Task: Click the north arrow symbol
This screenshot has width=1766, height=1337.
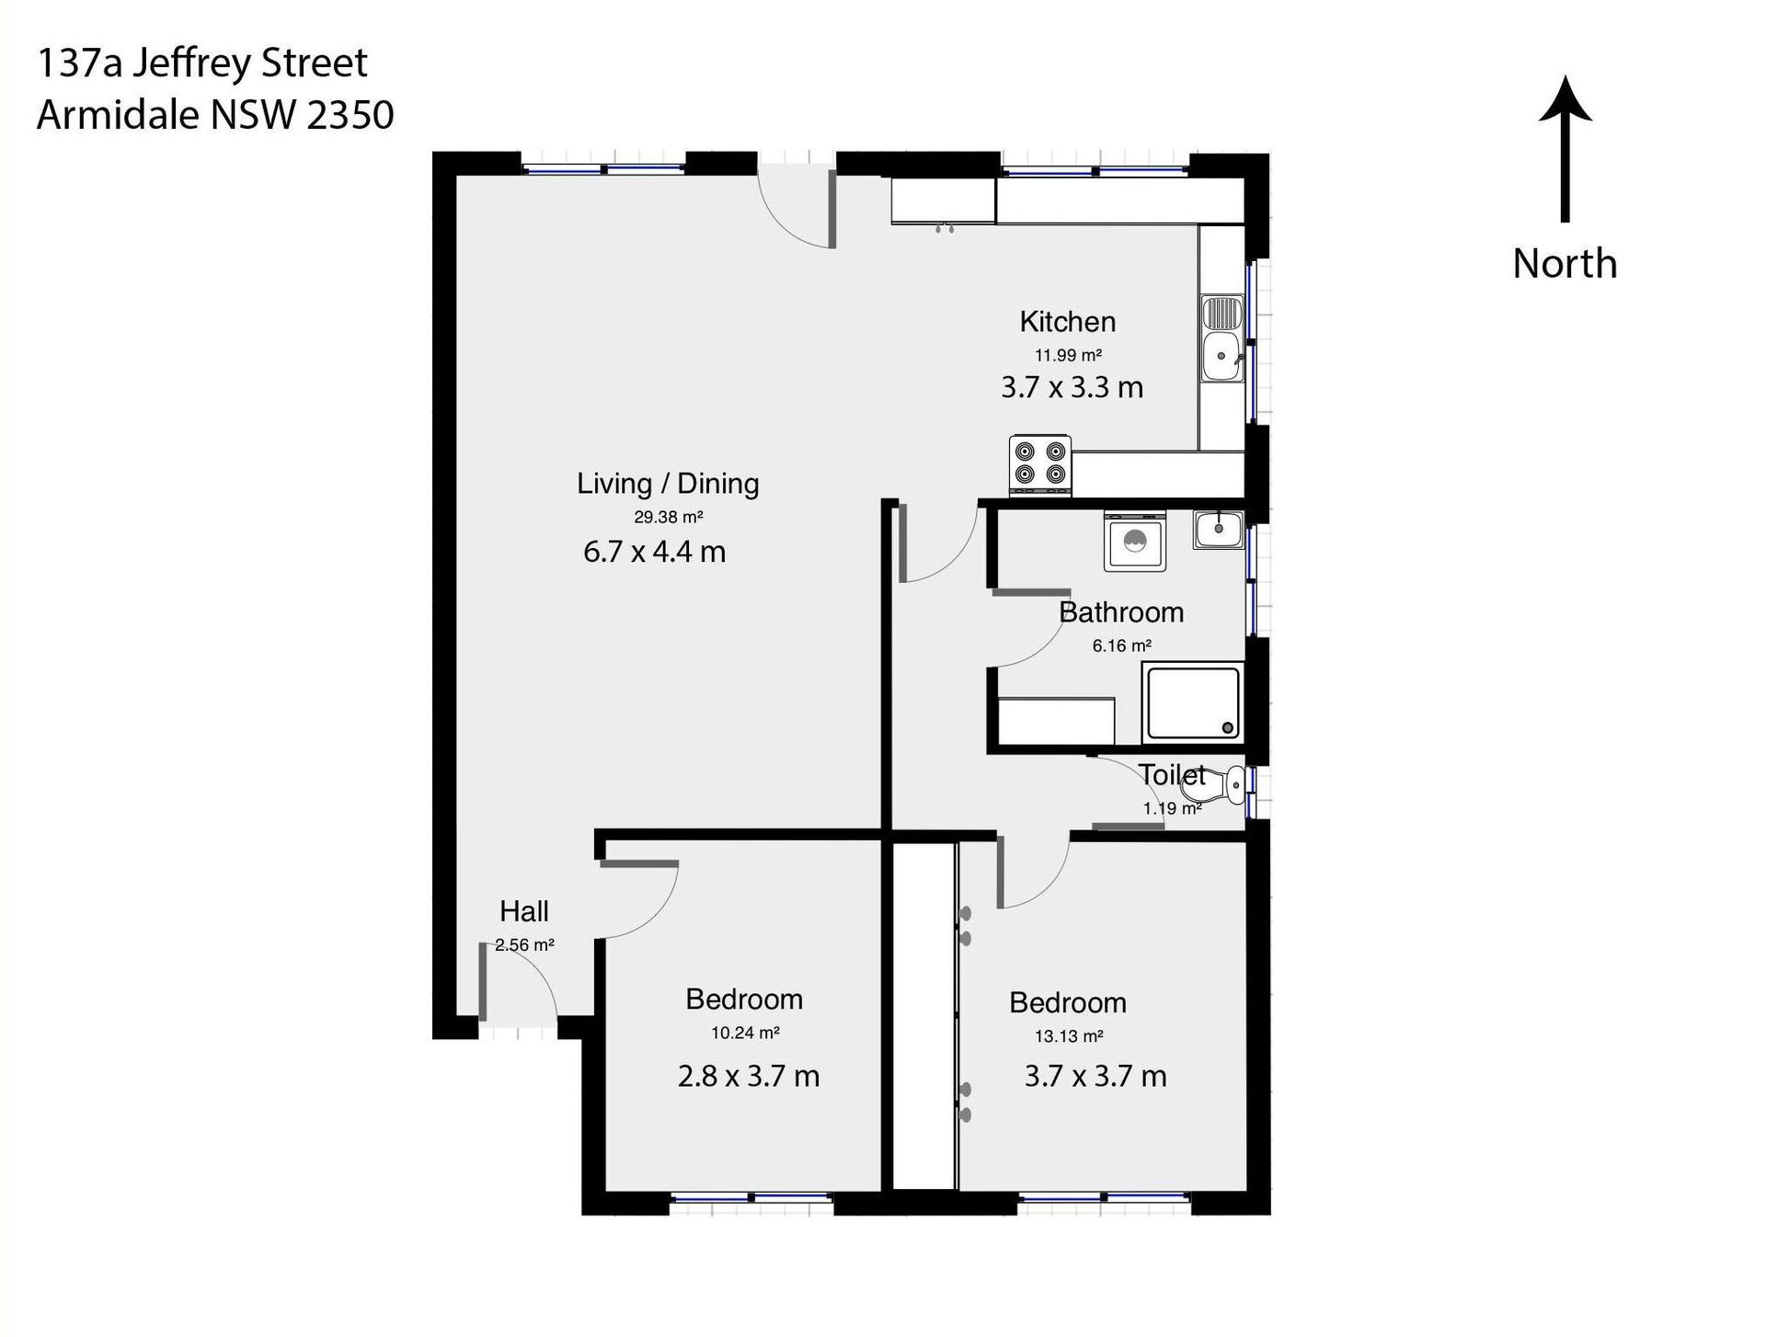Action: coord(1565,148)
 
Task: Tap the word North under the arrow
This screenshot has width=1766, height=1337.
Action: coord(1565,264)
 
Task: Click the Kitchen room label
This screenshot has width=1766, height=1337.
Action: coord(1068,322)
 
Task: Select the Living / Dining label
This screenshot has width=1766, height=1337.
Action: coord(668,484)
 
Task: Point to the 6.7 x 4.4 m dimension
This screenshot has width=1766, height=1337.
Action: coord(655,552)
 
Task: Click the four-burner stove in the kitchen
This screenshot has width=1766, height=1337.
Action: coord(1040,463)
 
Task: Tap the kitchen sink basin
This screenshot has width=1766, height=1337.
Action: coord(1221,356)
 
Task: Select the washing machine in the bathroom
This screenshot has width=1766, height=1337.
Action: coord(1135,543)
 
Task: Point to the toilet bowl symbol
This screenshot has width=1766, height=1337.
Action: coord(1223,784)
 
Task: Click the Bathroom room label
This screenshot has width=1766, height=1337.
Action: coord(1121,612)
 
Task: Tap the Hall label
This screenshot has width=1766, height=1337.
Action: coord(524,911)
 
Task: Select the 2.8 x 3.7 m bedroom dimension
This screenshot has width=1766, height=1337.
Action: coord(749,1076)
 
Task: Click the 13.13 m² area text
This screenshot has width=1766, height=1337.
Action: coord(1069,1036)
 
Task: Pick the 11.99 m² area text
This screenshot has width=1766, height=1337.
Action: coord(1068,355)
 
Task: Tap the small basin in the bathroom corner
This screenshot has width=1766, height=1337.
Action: coord(1219,529)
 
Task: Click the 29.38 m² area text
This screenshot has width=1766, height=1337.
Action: coord(669,517)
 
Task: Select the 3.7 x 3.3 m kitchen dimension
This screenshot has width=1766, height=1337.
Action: coord(1072,387)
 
